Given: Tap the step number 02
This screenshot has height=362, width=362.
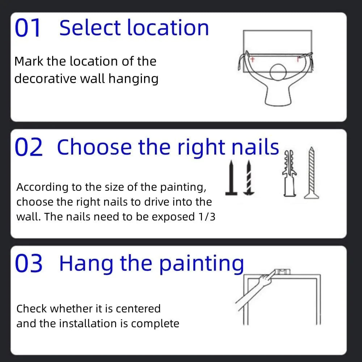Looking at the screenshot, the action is click(x=29, y=147).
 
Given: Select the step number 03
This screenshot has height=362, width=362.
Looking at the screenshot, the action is click(x=29, y=263).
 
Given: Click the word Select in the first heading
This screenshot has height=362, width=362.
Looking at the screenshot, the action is click(x=90, y=28).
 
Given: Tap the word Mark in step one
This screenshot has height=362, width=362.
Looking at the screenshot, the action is click(x=29, y=62).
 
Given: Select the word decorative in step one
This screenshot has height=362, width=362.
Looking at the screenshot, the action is click(x=45, y=79).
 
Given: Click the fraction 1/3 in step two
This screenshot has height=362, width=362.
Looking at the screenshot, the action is click(x=207, y=217).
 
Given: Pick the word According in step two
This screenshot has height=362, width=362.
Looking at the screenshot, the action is click(x=42, y=188).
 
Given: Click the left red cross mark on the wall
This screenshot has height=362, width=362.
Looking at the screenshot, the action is click(x=252, y=59).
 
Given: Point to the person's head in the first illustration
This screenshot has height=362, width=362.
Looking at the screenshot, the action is click(x=278, y=72).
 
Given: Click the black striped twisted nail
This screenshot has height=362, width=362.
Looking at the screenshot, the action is click(x=249, y=178).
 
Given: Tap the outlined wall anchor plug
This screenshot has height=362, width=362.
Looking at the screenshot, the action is click(x=289, y=173).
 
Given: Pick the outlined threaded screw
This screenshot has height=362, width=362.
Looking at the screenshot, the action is click(x=311, y=173).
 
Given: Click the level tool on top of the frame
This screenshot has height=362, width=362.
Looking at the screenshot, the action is click(x=282, y=272).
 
